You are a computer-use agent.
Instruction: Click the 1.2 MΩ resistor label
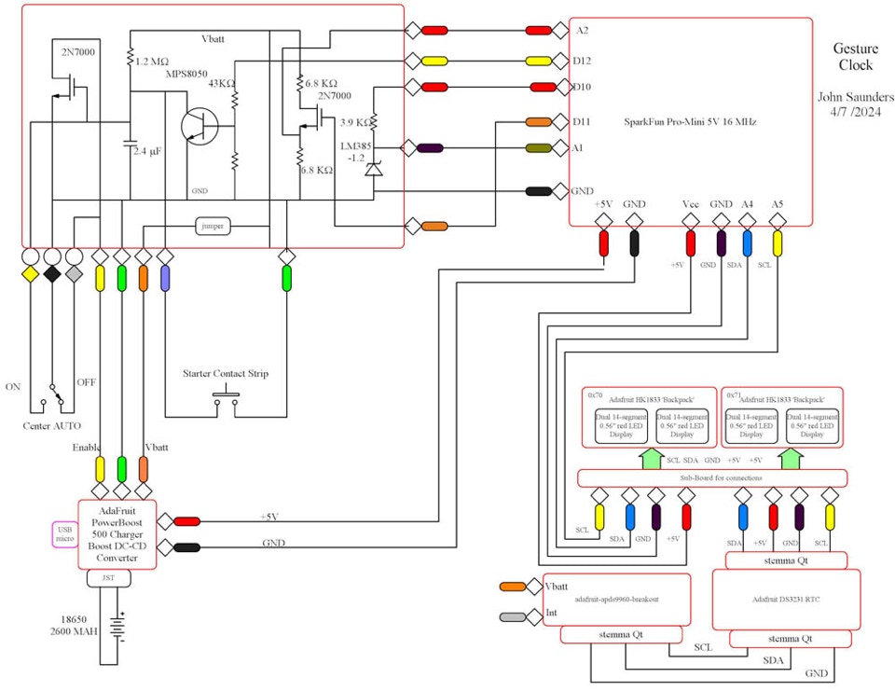click(x=153, y=62)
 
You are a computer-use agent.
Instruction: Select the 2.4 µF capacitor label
click(x=147, y=150)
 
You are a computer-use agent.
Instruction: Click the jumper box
click(x=212, y=226)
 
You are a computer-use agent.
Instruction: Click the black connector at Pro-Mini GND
click(x=538, y=191)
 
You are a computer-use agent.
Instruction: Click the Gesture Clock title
click(x=854, y=57)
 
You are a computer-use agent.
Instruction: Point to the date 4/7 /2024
click(x=856, y=112)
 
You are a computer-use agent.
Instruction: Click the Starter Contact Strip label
click(x=226, y=374)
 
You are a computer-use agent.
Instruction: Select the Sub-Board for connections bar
click(x=712, y=478)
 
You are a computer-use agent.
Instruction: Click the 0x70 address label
click(x=595, y=394)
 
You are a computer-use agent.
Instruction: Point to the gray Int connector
click(x=514, y=616)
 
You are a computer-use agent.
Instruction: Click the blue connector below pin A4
click(x=748, y=243)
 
